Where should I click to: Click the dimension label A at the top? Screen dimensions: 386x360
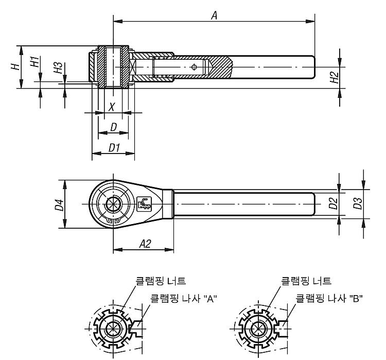[x=215, y=15]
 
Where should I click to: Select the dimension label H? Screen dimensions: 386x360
[x=15, y=66]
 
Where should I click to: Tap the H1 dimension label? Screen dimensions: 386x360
[x=35, y=62]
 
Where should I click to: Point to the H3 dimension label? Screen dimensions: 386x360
[x=58, y=68]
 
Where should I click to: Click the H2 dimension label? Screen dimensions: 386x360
[x=335, y=77]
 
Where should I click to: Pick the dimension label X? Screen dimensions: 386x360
[x=112, y=107]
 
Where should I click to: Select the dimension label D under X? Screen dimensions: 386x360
[x=114, y=127]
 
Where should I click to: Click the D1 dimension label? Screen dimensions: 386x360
[x=114, y=148]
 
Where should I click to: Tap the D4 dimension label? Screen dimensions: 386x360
[x=59, y=205]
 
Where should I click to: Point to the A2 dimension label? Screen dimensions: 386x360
[x=145, y=244]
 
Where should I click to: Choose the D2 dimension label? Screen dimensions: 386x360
[x=334, y=203]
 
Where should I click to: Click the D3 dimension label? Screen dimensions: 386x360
[x=358, y=203]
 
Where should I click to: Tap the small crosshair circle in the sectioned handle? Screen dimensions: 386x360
[x=194, y=67]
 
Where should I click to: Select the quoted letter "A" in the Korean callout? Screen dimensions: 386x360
[x=210, y=299]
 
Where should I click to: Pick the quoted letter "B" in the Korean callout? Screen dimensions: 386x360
[x=356, y=299]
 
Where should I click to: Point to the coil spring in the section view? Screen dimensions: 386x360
[x=162, y=67]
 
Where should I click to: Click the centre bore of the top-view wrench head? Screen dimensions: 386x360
[x=113, y=204]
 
